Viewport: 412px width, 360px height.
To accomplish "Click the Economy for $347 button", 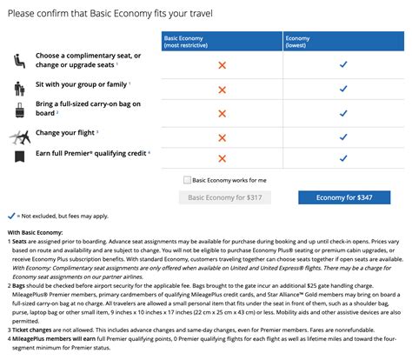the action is click(x=344, y=197).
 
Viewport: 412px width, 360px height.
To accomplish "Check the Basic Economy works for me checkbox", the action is click(x=188, y=180).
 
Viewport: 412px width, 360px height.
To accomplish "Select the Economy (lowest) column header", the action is click(x=344, y=41).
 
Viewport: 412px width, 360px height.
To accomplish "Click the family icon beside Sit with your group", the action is click(x=19, y=88).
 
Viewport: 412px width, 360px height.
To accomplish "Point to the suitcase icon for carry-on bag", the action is click(x=19, y=110).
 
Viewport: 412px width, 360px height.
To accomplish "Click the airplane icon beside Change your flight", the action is click(x=19, y=134).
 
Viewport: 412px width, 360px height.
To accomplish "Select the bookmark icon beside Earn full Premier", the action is click(x=19, y=157).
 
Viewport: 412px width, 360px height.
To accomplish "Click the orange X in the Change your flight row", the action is click(x=223, y=135).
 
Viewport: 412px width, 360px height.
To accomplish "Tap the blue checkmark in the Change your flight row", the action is click(x=344, y=135).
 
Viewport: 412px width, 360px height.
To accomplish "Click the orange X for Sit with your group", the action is click(x=223, y=88).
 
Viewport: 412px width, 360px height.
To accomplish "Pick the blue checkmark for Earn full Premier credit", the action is click(x=344, y=157).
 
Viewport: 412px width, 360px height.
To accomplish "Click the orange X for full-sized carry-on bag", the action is click(x=223, y=111).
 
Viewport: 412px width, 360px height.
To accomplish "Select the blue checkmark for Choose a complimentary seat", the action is click(x=344, y=64).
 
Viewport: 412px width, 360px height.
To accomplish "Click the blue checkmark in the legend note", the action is click(x=11, y=214).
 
